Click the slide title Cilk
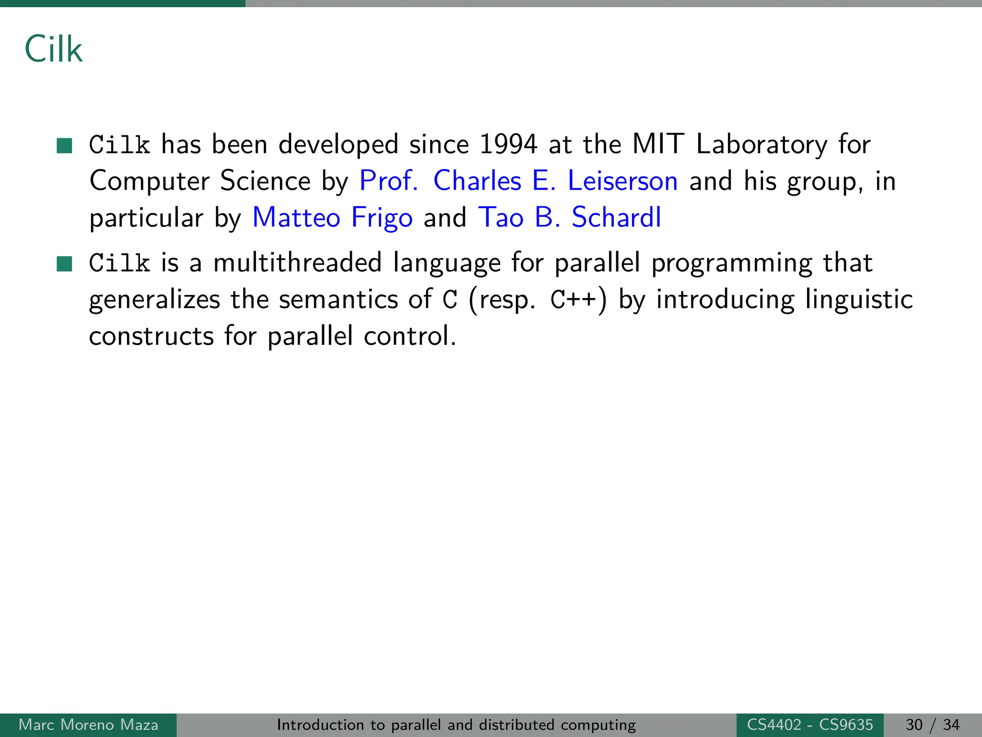pyautogui.click(x=53, y=49)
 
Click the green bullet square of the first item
pyautogui.click(x=64, y=145)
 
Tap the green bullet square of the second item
pyautogui.click(x=64, y=263)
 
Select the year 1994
pyautogui.click(x=508, y=144)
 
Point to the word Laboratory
pyautogui.click(x=761, y=144)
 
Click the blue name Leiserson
pyautogui.click(x=622, y=181)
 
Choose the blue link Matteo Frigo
pyautogui.click(x=332, y=217)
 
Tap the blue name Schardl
pyautogui.click(x=616, y=217)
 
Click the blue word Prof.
pyautogui.click(x=388, y=181)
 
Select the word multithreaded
pyautogui.click(x=297, y=263)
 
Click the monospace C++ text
pyautogui.click(x=573, y=300)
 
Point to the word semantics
pyautogui.click(x=338, y=300)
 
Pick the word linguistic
pyautogui.click(x=859, y=300)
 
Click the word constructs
pyautogui.click(x=152, y=336)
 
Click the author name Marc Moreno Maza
pyautogui.click(x=88, y=725)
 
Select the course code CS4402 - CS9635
pyautogui.click(x=810, y=725)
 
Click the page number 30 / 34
pyautogui.click(x=933, y=725)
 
